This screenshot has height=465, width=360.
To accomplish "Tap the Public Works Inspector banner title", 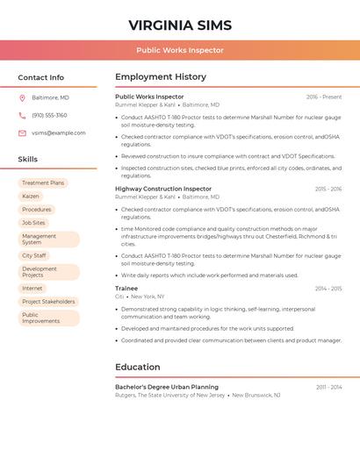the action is click(180, 50).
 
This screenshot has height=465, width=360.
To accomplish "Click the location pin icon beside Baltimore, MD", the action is click(22, 97).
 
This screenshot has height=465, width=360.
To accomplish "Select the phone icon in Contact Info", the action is click(22, 115).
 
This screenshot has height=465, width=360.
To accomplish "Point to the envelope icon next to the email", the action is click(22, 133).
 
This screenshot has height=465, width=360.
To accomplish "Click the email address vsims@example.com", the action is click(59, 133).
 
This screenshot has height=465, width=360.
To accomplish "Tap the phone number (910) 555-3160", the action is click(49, 115).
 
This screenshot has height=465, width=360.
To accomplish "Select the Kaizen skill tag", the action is click(31, 197).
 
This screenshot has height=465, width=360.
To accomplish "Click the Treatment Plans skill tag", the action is click(43, 183).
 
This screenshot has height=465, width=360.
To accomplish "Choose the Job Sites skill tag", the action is click(33, 223).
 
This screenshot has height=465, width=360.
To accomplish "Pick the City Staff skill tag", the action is click(34, 255).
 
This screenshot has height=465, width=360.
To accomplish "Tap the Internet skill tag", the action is click(32, 288).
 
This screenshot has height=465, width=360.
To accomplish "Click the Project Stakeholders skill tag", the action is click(48, 301).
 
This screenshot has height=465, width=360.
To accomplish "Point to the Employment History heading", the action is click(161, 77).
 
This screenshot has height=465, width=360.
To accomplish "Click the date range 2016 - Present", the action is click(324, 97).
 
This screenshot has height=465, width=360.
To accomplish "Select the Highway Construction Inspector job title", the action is click(163, 189).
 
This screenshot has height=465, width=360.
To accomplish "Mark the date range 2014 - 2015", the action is click(328, 289).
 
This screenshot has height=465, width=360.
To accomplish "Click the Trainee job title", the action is click(126, 288).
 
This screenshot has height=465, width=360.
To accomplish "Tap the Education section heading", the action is click(138, 367).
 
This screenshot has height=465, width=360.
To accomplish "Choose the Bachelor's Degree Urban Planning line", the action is click(167, 387).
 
